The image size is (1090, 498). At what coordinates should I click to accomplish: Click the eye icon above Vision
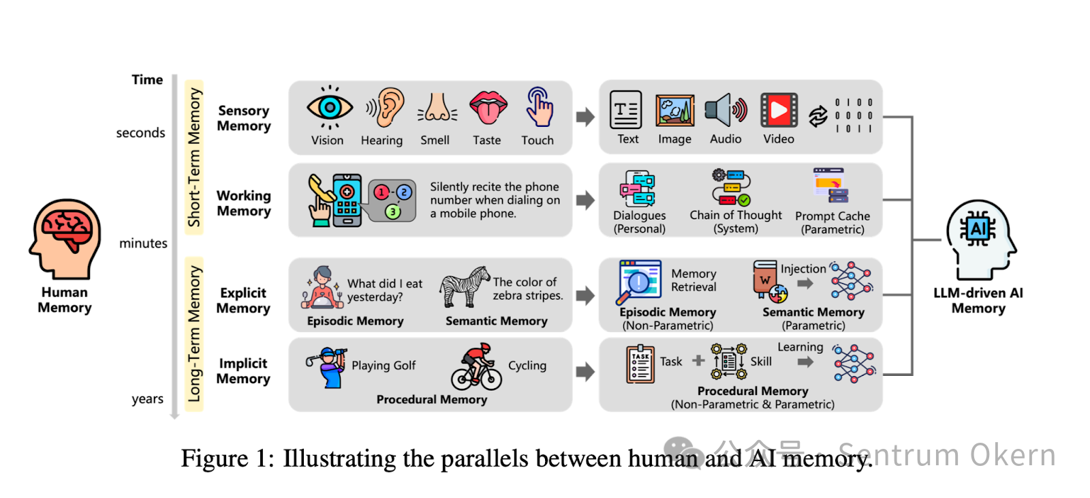[x=330, y=108]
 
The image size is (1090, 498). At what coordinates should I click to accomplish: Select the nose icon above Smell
[x=437, y=108]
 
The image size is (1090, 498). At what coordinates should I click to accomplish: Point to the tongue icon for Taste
[x=488, y=108]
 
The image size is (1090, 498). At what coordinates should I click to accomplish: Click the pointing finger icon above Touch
[x=539, y=106]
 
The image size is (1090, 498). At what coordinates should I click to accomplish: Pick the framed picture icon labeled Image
[x=674, y=111]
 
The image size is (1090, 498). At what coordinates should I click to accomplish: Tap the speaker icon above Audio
[x=725, y=110]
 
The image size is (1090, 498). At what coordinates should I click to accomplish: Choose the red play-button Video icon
[x=779, y=110]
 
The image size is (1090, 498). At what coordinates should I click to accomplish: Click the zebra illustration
[x=465, y=287]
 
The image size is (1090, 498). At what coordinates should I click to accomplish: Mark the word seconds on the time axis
[x=140, y=133]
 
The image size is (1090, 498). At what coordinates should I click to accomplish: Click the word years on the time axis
[x=147, y=399]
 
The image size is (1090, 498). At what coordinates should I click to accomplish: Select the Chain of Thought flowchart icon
[x=731, y=188]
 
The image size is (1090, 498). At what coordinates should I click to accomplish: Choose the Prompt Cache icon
[x=831, y=186]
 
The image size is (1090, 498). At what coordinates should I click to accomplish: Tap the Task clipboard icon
[x=640, y=364]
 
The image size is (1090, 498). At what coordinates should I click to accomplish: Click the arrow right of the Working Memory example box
[x=585, y=201]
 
